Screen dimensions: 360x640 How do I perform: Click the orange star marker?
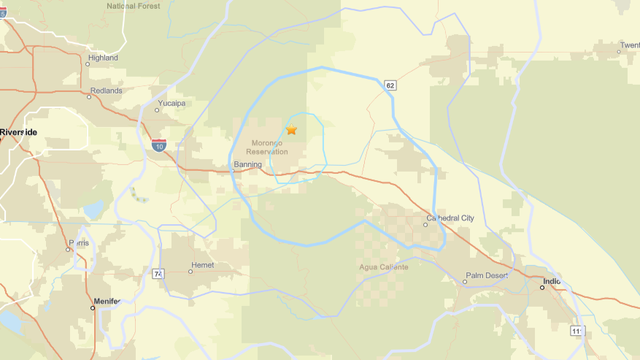pyautogui.click(x=292, y=130)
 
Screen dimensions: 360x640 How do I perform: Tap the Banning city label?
pyautogui.click(x=247, y=164)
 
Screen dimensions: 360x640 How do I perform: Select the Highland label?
pyautogui.click(x=103, y=58)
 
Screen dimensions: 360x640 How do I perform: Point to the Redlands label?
pyautogui.click(x=106, y=90)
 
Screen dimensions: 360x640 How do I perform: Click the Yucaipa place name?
pyautogui.click(x=172, y=103)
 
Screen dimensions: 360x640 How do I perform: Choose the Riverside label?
pyautogui.click(x=19, y=132)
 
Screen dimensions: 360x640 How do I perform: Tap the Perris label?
pyautogui.click(x=79, y=243)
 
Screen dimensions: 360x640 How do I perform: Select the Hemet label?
pyautogui.click(x=203, y=270)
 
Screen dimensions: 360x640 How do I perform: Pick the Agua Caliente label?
pyautogui.click(x=382, y=267)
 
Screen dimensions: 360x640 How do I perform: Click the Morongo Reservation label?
pyautogui.click(x=266, y=147)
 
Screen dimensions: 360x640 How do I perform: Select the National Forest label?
pyautogui.click(x=135, y=6)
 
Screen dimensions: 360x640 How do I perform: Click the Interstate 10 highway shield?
pyautogui.click(x=160, y=146)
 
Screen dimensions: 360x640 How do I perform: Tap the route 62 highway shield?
pyautogui.click(x=390, y=87)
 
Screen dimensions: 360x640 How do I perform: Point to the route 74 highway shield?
pyautogui.click(x=158, y=272)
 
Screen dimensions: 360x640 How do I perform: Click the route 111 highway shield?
pyautogui.click(x=576, y=330)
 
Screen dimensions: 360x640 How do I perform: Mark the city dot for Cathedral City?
pyautogui.click(x=426, y=225)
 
